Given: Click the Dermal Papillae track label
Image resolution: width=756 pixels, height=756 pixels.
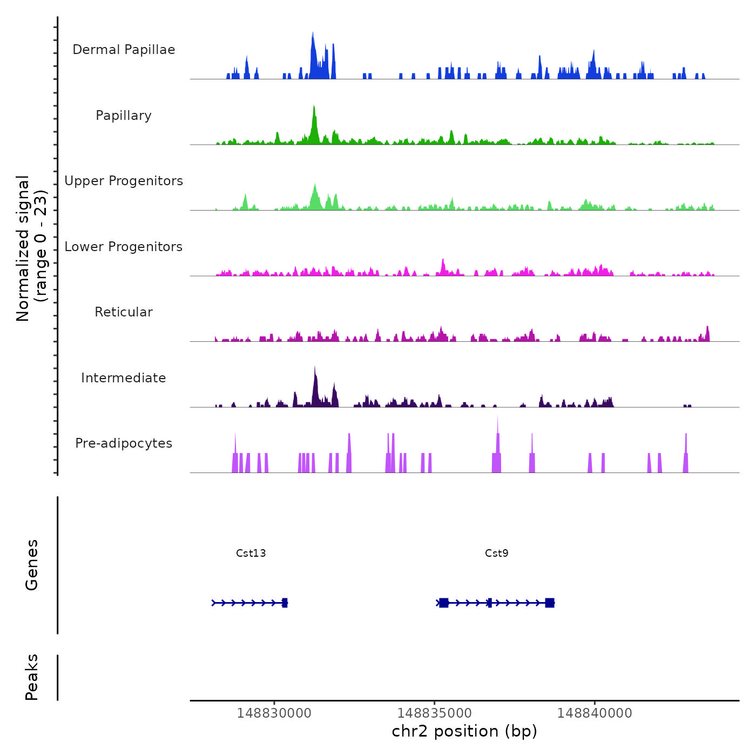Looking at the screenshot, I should click(124, 50).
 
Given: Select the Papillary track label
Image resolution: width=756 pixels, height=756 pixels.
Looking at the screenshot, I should click(124, 116).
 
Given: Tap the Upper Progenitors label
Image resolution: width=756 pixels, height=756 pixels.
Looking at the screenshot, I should click(124, 181).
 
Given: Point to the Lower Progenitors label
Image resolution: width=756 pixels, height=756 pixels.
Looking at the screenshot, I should click(124, 247).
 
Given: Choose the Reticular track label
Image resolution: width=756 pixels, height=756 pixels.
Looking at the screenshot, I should click(124, 312).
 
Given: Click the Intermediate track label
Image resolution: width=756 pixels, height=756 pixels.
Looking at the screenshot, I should click(124, 378).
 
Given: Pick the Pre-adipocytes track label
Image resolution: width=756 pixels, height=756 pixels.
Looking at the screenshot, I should click(124, 443).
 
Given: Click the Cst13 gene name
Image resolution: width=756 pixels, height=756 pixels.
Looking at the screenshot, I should click(251, 553).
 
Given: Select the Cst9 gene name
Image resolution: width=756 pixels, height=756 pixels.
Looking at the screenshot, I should click(497, 553).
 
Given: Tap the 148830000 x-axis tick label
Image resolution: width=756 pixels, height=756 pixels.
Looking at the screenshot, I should click(274, 713).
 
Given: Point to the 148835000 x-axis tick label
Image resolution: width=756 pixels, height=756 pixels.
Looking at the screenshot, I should click(435, 713).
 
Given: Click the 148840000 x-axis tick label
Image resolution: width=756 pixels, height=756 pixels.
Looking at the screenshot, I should click(595, 713).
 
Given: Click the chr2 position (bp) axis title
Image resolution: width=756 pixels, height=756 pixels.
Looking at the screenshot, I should click(464, 731).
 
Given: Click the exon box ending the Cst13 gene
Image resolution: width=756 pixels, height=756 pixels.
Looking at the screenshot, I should click(285, 603).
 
